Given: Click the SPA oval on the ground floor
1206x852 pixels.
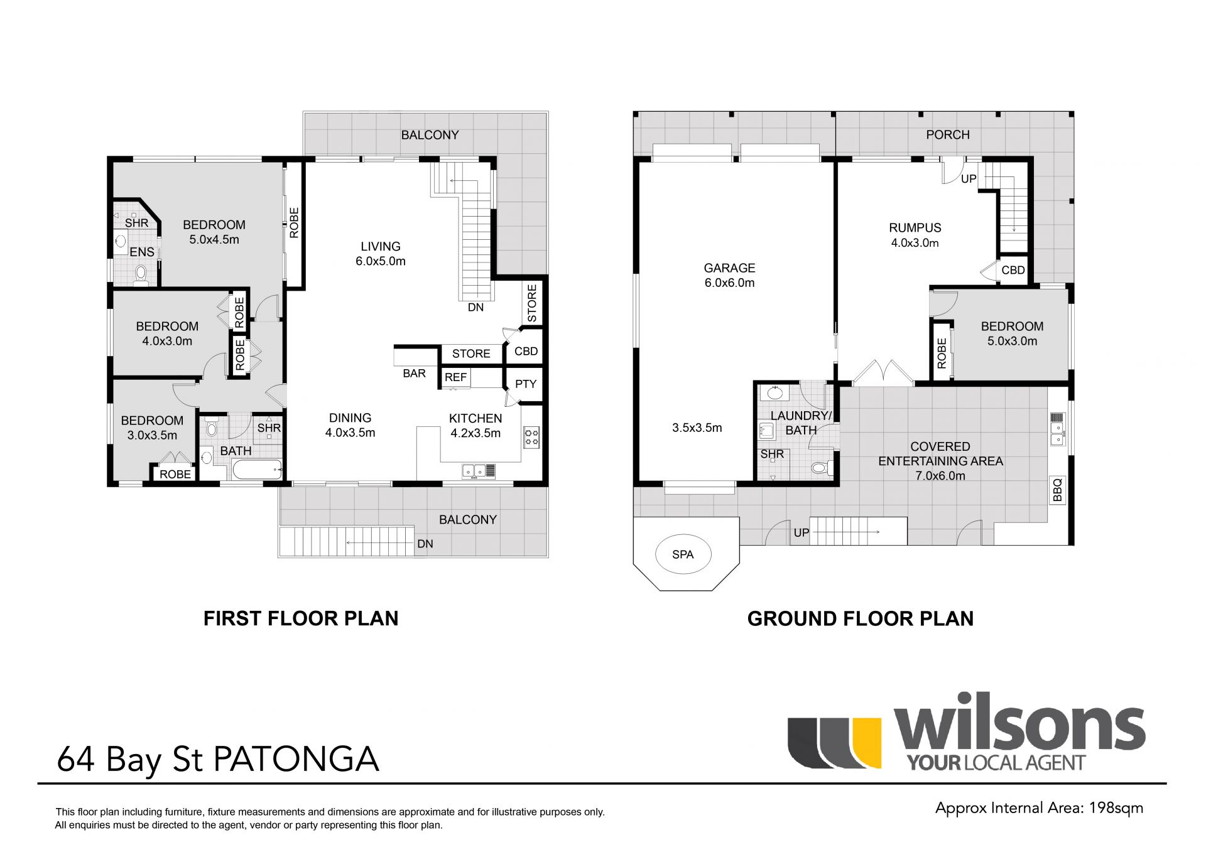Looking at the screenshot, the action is pyautogui.click(x=683, y=554).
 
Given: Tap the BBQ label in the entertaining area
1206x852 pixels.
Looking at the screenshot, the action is pyautogui.click(x=1057, y=490).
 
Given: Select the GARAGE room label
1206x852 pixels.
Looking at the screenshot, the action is pyautogui.click(x=729, y=268).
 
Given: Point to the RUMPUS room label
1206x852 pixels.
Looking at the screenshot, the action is pyautogui.click(x=915, y=228).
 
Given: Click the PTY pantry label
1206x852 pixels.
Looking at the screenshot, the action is pyautogui.click(x=526, y=384).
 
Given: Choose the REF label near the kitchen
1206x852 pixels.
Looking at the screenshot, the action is pyautogui.click(x=455, y=377).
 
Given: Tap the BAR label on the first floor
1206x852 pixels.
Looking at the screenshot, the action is pyautogui.click(x=414, y=374).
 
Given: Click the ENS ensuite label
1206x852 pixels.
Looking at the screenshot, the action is pyautogui.click(x=142, y=252).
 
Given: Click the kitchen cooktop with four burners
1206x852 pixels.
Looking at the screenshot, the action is pyautogui.click(x=531, y=437).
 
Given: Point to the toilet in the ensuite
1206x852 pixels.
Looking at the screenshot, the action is pyautogui.click(x=141, y=275).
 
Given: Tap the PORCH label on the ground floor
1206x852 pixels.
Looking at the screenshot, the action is pyautogui.click(x=948, y=135).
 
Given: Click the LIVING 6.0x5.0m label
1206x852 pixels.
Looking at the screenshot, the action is pyautogui.click(x=381, y=254).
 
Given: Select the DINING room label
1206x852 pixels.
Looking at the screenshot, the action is pyautogui.click(x=350, y=418).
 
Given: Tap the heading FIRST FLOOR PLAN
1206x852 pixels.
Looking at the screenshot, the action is pyautogui.click(x=301, y=618).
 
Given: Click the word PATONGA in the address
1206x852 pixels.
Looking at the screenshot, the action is pyautogui.click(x=296, y=759).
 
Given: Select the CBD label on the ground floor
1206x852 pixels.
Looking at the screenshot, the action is pyautogui.click(x=1013, y=270).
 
